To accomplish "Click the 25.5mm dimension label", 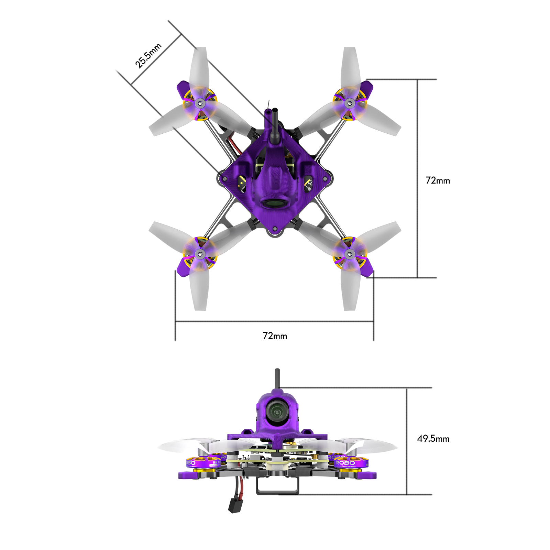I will [148, 56].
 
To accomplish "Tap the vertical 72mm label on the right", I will [438, 180].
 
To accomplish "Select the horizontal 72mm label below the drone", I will [275, 336].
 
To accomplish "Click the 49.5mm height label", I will [433, 439].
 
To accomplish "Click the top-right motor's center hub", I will [350, 103].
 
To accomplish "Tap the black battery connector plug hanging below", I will [234, 506].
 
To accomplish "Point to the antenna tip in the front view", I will [277, 371].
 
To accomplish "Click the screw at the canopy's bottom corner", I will [275, 229].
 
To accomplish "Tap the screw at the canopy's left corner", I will [224, 179].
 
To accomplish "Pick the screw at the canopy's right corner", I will [325, 179].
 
